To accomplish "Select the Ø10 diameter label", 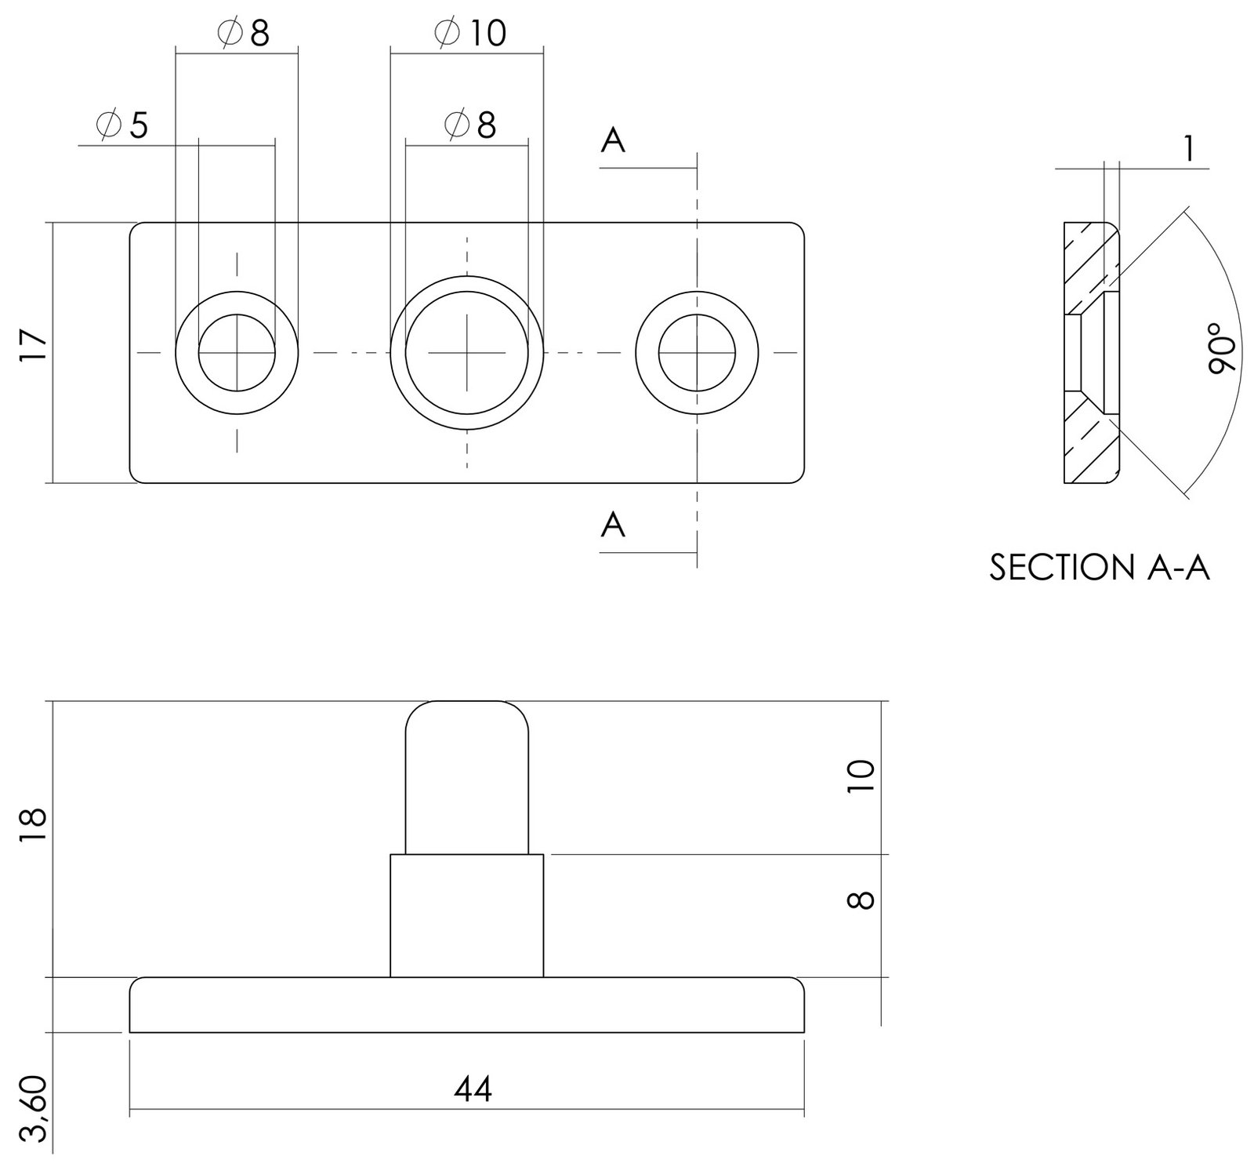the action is point(469,33).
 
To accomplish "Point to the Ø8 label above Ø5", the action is point(242,33).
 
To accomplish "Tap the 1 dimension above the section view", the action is point(1190,148).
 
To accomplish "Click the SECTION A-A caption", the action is point(1100,567).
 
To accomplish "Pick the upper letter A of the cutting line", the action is point(613,141).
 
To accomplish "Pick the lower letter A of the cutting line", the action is point(613,525).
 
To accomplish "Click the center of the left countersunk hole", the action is point(237,353).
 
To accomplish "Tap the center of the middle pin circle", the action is point(467,353).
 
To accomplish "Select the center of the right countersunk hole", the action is point(697,353).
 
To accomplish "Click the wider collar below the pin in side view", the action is point(467,916).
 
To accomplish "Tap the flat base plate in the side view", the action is point(467,1005).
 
